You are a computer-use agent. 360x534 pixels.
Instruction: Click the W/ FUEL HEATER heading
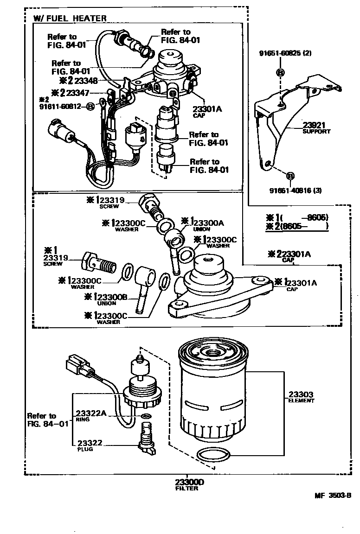tap(70, 19)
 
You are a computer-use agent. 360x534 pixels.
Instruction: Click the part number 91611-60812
tap(61, 106)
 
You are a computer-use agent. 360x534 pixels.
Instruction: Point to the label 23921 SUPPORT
tap(316, 127)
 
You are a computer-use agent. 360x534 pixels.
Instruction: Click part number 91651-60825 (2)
tap(285, 53)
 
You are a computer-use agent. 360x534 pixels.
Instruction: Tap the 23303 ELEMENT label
tap(301, 397)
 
